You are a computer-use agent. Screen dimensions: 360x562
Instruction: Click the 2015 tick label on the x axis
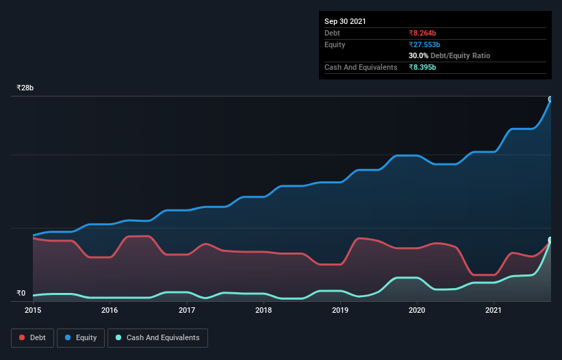pos(33,311)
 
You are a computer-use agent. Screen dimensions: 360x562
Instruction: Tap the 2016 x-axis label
pos(110,311)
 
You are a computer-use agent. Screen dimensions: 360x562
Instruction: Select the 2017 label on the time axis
pos(187,311)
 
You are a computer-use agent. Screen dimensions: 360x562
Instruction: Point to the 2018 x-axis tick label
pos(264,311)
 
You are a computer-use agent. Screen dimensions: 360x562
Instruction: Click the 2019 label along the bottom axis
pos(341,311)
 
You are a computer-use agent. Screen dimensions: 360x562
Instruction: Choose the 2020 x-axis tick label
pos(418,311)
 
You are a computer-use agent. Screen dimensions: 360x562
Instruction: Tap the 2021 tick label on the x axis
pos(494,311)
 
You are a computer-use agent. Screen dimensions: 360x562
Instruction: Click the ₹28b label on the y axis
pos(25,88)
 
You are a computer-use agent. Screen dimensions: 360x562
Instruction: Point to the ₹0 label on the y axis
pos(21,294)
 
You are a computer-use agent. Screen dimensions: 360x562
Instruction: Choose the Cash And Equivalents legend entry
pos(157,337)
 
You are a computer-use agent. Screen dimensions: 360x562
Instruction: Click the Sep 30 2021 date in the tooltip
pos(345,21)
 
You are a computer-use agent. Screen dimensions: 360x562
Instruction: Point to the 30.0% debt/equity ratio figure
pos(419,55)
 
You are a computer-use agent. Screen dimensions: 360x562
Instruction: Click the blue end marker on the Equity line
pos(550,99)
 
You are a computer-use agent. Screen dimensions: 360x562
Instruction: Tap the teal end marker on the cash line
pos(550,240)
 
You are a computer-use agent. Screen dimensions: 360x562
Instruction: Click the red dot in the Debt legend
pos(22,338)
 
